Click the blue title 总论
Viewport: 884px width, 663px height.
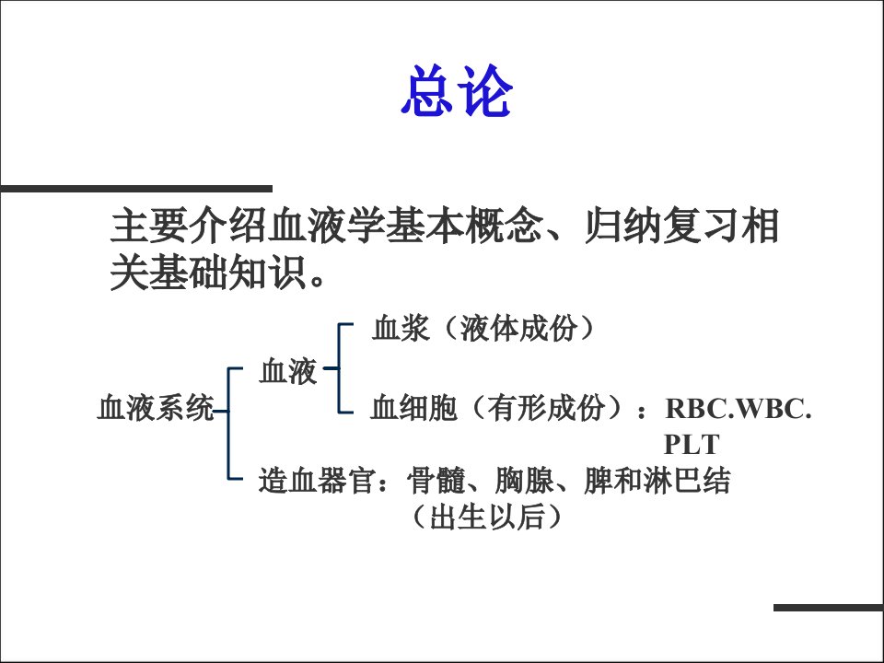click(x=457, y=91)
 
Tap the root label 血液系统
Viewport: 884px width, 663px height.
click(x=156, y=408)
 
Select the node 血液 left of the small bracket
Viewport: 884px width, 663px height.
click(x=288, y=371)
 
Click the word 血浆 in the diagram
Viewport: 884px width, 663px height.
click(x=401, y=328)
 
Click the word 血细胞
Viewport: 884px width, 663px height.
click(x=413, y=408)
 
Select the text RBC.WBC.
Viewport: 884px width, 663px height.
click(x=738, y=408)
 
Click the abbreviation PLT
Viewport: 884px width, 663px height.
click(x=692, y=444)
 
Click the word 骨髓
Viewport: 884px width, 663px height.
click(x=436, y=481)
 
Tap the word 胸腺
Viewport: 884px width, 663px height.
click(x=524, y=481)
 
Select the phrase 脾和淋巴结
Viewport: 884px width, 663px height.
click(x=657, y=481)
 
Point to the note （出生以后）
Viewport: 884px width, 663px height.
click(x=487, y=517)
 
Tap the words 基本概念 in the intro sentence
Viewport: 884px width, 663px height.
click(x=464, y=227)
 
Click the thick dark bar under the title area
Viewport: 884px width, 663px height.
click(x=136, y=189)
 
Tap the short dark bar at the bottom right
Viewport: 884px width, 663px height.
click(x=829, y=608)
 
